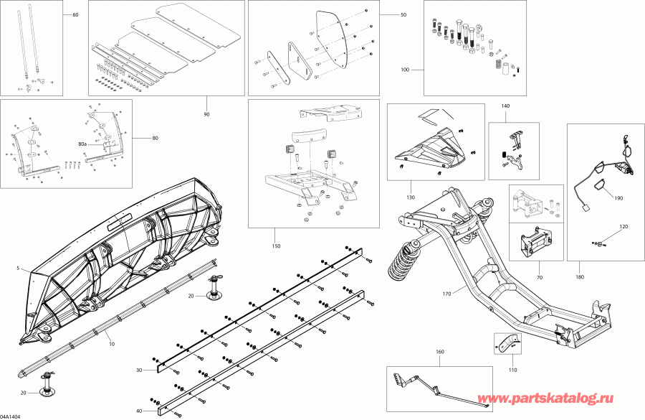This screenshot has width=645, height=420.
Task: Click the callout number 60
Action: (x=77, y=15)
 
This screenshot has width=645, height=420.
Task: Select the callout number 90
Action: (x=206, y=115)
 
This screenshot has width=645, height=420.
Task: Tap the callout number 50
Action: (x=403, y=15)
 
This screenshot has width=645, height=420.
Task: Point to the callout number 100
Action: (x=405, y=70)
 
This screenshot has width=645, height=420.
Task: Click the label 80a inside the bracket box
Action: (x=82, y=144)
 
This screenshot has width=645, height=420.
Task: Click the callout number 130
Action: (x=411, y=197)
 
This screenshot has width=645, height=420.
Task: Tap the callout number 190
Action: (x=618, y=197)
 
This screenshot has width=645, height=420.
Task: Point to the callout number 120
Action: (x=623, y=226)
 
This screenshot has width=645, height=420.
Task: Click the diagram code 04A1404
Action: (x=12, y=416)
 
